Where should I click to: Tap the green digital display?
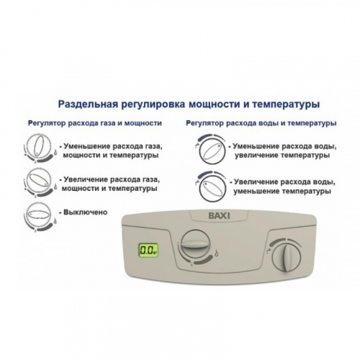[x=148, y=251]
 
